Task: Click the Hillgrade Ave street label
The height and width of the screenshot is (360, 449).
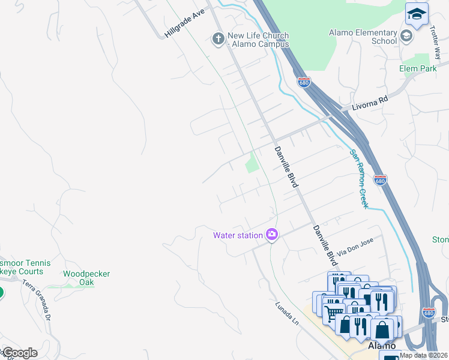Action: [x=185, y=23]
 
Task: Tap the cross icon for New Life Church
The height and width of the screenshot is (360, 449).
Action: [x=218, y=40]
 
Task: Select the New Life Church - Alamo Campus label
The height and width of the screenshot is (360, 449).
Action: [x=258, y=40]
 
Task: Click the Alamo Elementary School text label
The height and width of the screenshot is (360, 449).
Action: [x=363, y=37]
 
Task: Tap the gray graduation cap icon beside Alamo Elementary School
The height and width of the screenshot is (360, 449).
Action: [x=406, y=36]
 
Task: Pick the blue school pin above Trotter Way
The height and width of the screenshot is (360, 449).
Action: [x=417, y=14]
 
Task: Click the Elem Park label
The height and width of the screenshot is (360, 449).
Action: [x=418, y=69]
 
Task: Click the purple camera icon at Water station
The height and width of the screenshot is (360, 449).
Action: [x=271, y=235]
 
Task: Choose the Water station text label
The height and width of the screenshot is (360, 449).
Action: [x=238, y=235]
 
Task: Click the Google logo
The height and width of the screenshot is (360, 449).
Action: [x=19, y=353]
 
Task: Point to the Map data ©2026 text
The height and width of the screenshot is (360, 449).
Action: [x=424, y=355]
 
